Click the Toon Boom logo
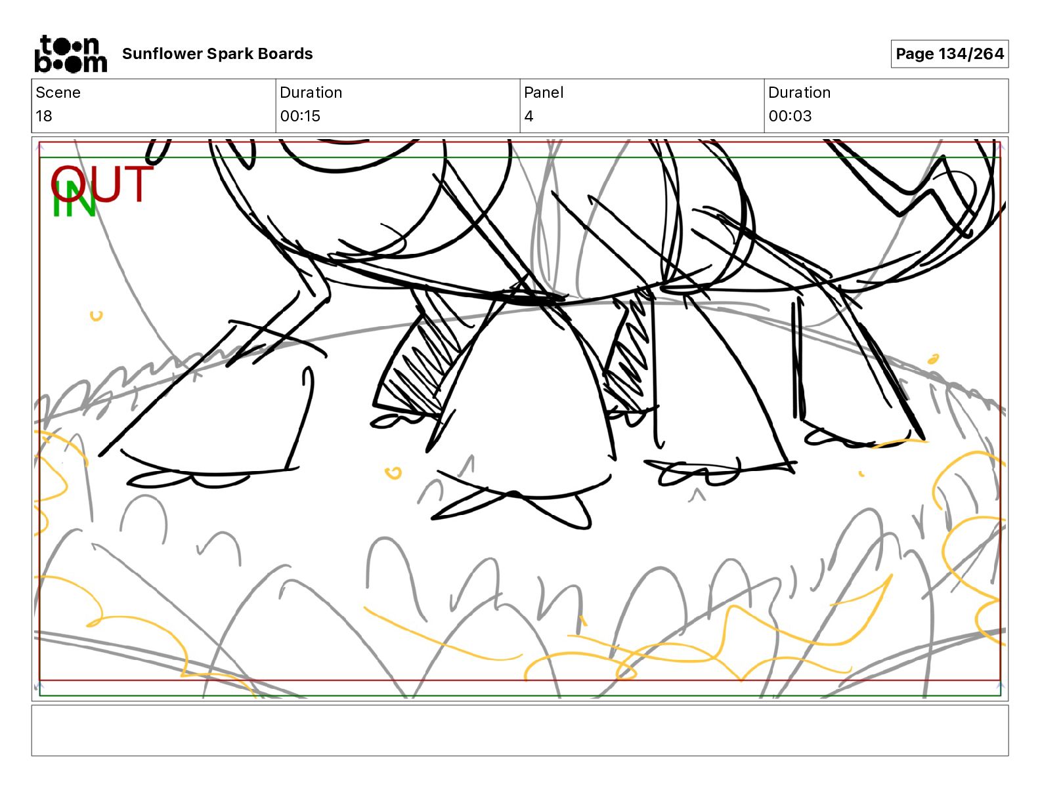pyautogui.click(x=70, y=54)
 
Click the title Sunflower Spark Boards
pyautogui.click(x=217, y=54)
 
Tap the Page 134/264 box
pyautogui.click(x=949, y=54)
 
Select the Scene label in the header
pyautogui.click(x=58, y=93)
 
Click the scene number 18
pyautogui.click(x=44, y=116)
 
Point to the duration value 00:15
pyautogui.click(x=300, y=116)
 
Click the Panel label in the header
pyautogui.click(x=544, y=93)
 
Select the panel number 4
pyautogui.click(x=529, y=116)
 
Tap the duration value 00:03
pyautogui.click(x=790, y=116)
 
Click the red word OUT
pyautogui.click(x=102, y=184)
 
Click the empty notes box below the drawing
pyautogui.click(x=519, y=730)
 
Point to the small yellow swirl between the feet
pyautogui.click(x=393, y=472)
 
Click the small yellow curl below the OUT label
pyautogui.click(x=97, y=316)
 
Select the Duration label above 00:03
pyautogui.click(x=799, y=93)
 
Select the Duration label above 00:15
pyautogui.click(x=311, y=93)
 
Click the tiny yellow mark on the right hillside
pyautogui.click(x=932, y=359)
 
